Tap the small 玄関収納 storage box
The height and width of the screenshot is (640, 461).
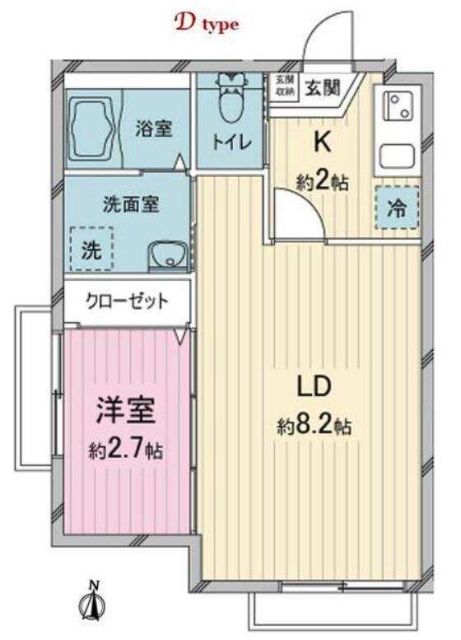pos(284,85)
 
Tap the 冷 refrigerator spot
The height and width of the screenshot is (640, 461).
pos(398,208)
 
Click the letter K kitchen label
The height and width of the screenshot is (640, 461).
pos(322,142)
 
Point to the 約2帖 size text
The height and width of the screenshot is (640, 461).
pos(322,181)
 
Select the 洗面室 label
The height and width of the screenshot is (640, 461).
pos(131,203)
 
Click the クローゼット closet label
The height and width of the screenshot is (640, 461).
pos(128,301)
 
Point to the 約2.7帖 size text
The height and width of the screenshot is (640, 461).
pos(126,450)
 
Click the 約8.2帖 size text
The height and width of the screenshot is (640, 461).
pos(315,427)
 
